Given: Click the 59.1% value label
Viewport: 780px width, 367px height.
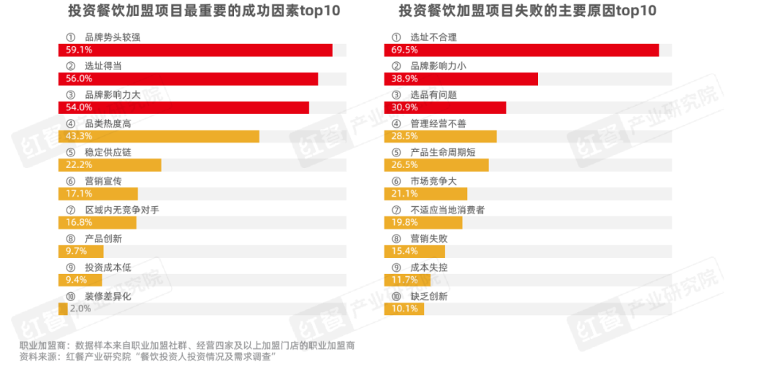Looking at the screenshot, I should point(72,50).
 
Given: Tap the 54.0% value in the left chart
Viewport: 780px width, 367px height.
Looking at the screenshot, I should point(72,107).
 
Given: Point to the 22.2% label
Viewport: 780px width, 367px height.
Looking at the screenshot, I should point(72,165).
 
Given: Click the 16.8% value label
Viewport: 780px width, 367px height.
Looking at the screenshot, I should point(72,223).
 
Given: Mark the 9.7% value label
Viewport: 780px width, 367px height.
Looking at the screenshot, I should point(71,252).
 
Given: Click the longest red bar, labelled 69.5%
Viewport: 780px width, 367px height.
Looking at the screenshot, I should point(521,50).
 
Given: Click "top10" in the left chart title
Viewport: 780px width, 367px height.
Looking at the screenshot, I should point(316,12).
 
